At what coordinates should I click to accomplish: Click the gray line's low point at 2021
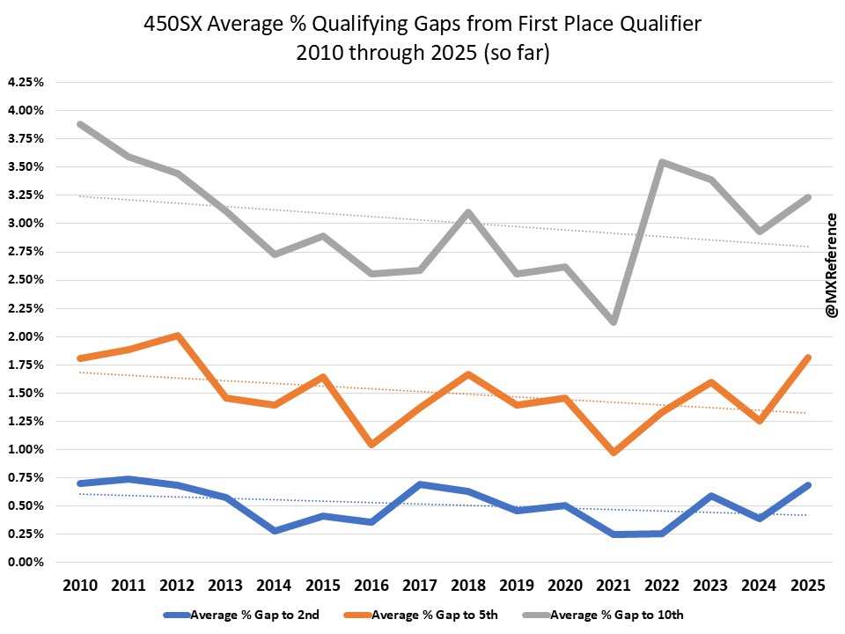(613, 321)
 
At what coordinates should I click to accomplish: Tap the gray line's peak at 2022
(661, 162)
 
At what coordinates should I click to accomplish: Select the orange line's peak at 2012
(177, 335)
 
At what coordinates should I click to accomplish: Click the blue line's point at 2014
(274, 530)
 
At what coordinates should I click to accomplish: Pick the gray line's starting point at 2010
(80, 124)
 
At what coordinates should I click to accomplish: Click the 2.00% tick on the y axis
(26, 336)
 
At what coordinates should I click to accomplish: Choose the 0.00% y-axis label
(26, 563)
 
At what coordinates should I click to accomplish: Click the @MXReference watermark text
(830, 264)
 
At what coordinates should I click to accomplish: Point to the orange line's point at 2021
(613, 452)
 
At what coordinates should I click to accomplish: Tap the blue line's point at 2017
(419, 485)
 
